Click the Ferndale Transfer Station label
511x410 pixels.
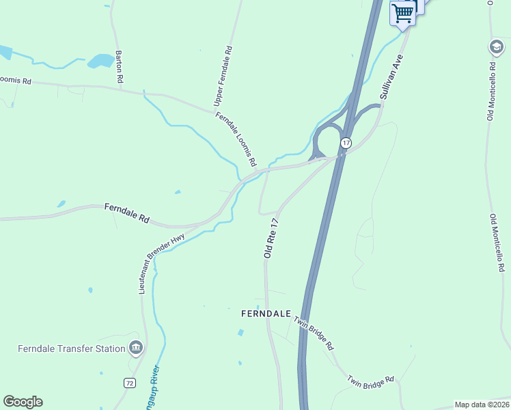point(71,348)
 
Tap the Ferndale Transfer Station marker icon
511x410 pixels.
point(136,348)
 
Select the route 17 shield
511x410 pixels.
point(346,143)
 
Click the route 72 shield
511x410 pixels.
point(130,383)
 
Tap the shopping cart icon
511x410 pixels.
point(402,12)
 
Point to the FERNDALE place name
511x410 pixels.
point(266,314)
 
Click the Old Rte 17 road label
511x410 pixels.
point(272,238)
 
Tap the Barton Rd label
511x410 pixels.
point(120,67)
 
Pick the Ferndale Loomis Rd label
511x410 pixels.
point(236,139)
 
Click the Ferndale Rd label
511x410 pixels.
point(126,213)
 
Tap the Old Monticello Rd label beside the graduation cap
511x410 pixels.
point(491,92)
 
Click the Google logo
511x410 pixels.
point(23,402)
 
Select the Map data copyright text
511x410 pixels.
point(481,405)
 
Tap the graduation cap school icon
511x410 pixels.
point(495,46)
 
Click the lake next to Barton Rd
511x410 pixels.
point(100,61)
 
